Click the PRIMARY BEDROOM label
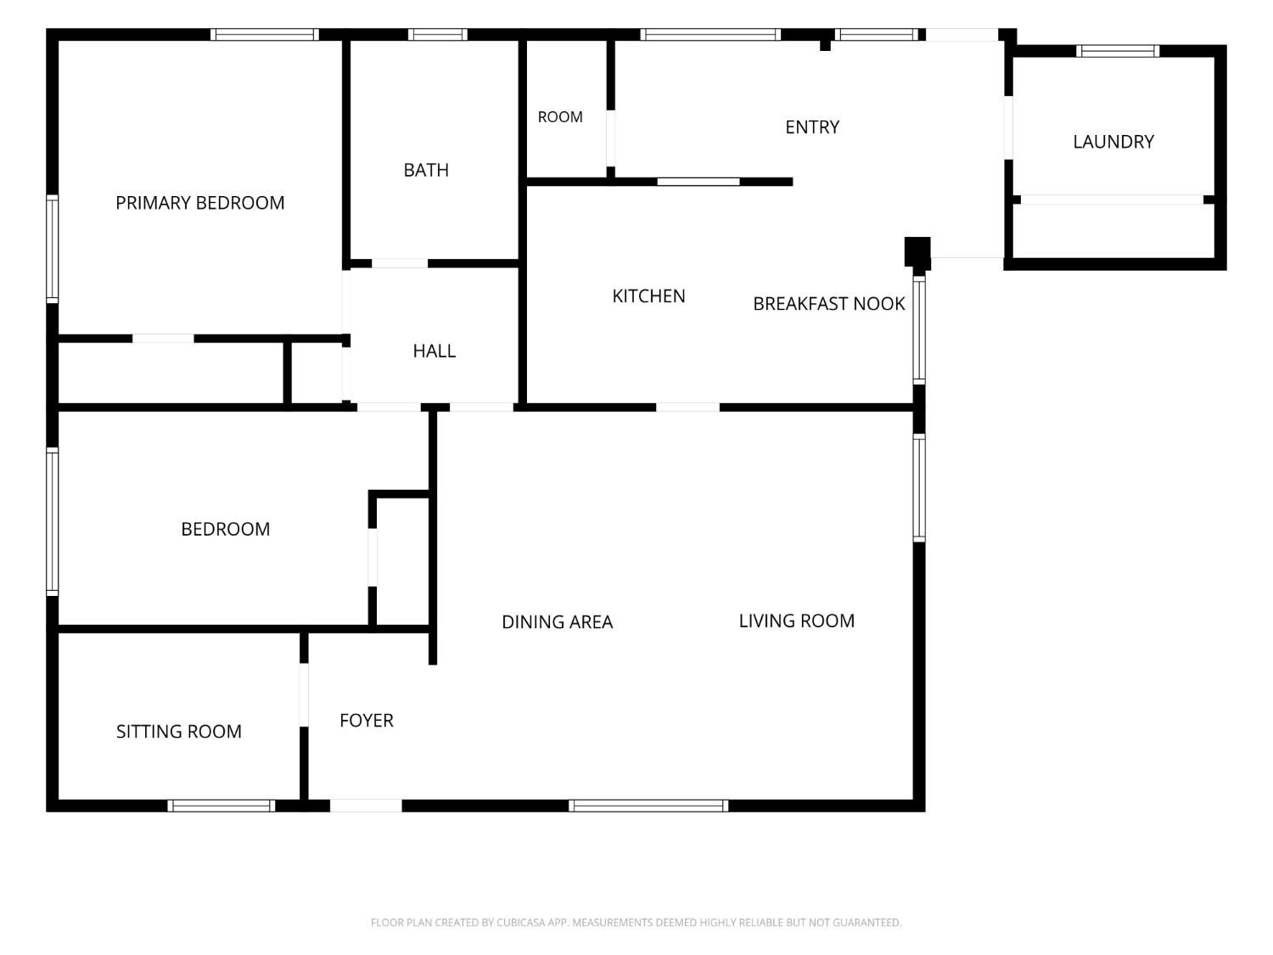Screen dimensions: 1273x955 [x=200, y=203]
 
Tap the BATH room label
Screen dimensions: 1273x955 [x=426, y=170]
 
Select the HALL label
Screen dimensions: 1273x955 [x=435, y=351]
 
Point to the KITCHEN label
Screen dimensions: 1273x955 [x=648, y=296]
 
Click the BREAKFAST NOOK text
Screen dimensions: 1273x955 [x=829, y=304]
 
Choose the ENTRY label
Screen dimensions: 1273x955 [x=812, y=127]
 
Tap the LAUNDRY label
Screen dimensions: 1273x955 [x=1113, y=142]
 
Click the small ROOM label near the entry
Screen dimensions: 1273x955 [x=559, y=117]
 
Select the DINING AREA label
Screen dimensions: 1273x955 [x=557, y=622]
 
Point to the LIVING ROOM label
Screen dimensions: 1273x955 [x=796, y=621]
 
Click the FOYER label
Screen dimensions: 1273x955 [x=367, y=720]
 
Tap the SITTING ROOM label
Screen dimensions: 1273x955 [x=178, y=731]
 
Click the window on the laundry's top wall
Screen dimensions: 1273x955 [x=1118, y=51]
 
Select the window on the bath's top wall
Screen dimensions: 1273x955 [x=437, y=35]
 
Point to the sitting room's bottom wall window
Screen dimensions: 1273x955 [x=221, y=806]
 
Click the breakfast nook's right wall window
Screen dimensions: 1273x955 [x=919, y=330]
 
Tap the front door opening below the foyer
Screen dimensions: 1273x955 [x=366, y=806]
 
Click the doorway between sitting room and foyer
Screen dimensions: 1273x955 [x=303, y=694]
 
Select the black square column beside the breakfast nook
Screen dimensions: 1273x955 [x=917, y=251]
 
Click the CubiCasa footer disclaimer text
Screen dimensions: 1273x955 [x=636, y=922]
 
